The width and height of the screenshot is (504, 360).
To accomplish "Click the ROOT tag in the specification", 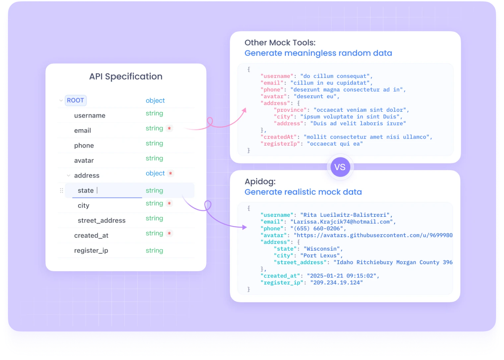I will click(x=76, y=100).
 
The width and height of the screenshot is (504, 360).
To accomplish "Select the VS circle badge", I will click(x=340, y=167).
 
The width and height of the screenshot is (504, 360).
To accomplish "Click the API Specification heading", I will click(x=126, y=77).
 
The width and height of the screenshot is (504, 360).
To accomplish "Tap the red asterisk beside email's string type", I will click(x=169, y=128).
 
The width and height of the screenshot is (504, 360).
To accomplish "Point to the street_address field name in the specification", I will click(x=101, y=220).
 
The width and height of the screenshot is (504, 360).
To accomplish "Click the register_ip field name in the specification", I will click(x=91, y=251).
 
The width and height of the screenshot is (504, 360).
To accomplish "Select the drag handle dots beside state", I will click(x=61, y=191).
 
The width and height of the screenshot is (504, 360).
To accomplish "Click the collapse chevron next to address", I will click(x=69, y=175).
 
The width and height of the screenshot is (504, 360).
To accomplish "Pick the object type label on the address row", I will click(x=155, y=173).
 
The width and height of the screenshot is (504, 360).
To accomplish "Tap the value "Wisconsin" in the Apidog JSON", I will click(x=322, y=249).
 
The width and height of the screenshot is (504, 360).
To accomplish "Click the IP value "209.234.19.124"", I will click(x=336, y=283).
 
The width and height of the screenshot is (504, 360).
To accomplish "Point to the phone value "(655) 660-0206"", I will click(x=318, y=229).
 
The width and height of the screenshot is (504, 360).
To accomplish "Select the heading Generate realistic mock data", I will click(x=303, y=192).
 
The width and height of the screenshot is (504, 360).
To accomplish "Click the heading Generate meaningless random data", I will click(x=318, y=53).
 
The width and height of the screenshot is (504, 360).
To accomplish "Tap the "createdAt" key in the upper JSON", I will click(x=279, y=137).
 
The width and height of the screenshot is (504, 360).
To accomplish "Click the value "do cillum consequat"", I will click(x=335, y=76).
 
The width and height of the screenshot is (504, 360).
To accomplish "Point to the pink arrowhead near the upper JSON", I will click(x=244, y=110).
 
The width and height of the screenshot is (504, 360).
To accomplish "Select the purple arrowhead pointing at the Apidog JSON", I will click(x=245, y=227).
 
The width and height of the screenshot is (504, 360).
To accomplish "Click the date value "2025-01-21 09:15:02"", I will click(x=342, y=276).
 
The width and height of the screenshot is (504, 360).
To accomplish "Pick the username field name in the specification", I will click(x=90, y=116).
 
